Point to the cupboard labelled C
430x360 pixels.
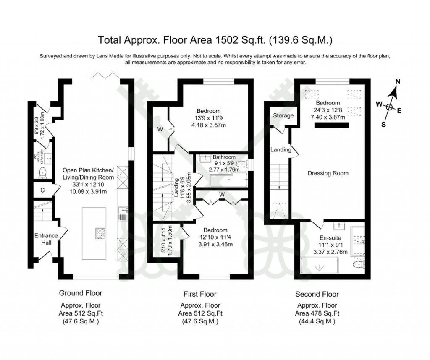pos(42,190)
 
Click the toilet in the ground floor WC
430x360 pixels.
pos(42,172)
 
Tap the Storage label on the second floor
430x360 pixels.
pos(283,116)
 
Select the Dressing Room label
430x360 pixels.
pos(328,173)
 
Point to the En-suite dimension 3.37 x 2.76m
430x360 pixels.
pos(330,252)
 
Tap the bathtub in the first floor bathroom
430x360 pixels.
pos(227,180)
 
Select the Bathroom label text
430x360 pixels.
pos(224,157)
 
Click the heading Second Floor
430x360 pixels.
pos(317,294)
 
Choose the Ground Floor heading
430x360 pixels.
pos(80,293)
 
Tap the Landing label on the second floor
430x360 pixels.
pos(281,149)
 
